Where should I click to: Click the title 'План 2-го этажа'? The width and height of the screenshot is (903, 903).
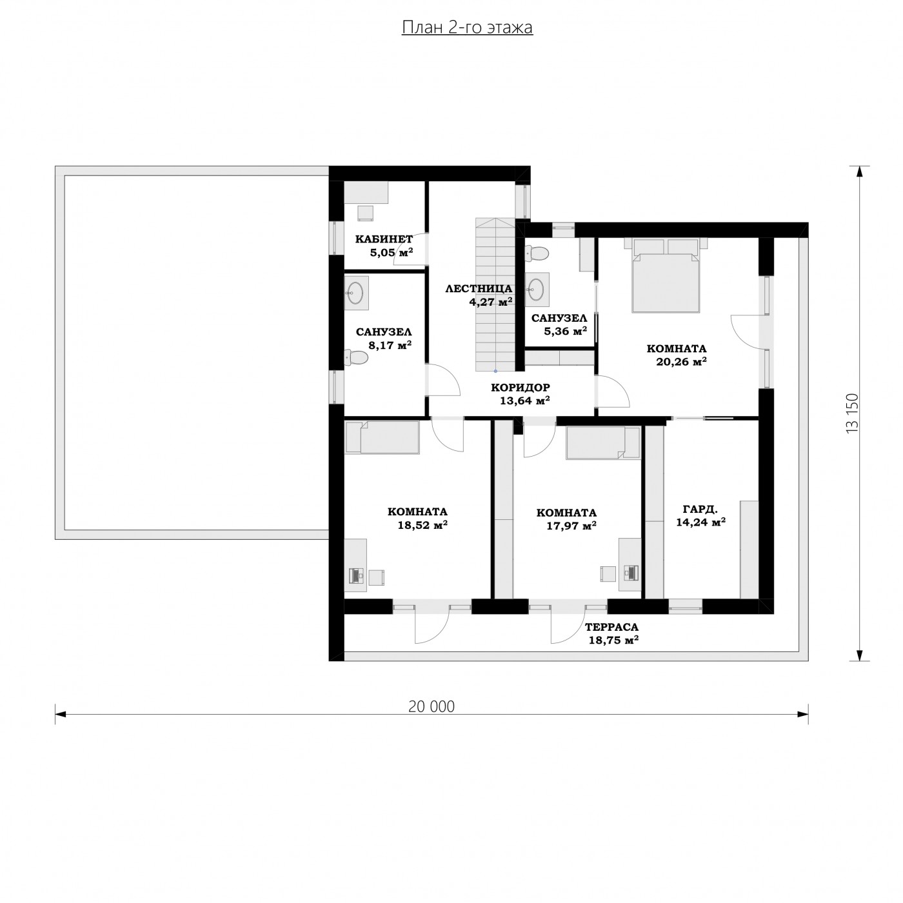(x=467, y=27)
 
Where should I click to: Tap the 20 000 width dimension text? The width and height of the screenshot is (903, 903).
(x=431, y=706)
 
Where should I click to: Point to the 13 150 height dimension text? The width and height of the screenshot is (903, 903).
(x=852, y=413)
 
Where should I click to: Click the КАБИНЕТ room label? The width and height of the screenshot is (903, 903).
(x=384, y=239)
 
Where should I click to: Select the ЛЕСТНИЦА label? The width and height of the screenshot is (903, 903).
(x=479, y=289)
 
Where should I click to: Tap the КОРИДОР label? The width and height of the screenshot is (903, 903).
(x=520, y=388)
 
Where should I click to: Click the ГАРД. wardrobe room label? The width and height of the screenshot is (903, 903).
(x=700, y=509)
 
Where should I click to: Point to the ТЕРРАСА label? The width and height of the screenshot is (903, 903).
(x=611, y=627)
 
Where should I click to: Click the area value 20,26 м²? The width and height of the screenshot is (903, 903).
(x=681, y=362)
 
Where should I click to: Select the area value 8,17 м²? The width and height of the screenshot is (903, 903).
(x=390, y=345)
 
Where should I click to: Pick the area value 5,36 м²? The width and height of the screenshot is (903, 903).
(x=565, y=332)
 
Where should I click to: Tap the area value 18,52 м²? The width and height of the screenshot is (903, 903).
(x=422, y=525)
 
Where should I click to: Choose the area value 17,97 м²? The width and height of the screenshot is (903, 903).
(x=571, y=526)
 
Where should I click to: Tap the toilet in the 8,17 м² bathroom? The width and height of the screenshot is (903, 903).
(x=356, y=357)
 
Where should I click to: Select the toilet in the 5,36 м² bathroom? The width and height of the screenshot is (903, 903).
(x=537, y=253)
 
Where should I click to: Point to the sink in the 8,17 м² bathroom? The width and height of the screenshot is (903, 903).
(x=357, y=292)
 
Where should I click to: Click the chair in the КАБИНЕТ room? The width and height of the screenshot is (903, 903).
(x=366, y=213)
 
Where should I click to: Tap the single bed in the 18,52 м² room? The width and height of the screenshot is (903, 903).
(x=382, y=437)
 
